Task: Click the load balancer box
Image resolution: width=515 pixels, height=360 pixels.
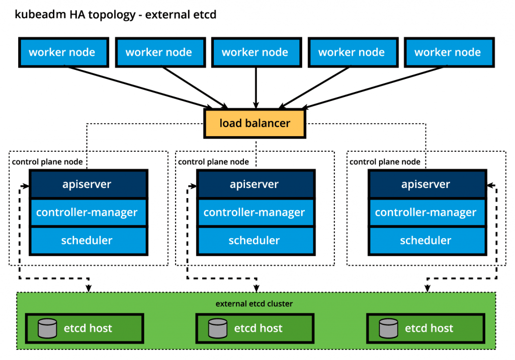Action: (x=254, y=123)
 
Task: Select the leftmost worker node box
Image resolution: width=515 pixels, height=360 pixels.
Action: (x=63, y=52)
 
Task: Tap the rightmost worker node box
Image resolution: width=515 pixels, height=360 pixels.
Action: (x=449, y=52)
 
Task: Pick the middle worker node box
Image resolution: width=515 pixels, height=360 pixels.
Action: (x=256, y=52)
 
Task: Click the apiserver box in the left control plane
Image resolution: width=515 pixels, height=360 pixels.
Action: (x=89, y=184)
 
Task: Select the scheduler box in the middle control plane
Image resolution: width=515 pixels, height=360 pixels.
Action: (x=256, y=241)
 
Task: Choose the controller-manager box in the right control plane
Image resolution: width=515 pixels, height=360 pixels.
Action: (x=427, y=213)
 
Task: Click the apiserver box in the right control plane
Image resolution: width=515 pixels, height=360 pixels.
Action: (x=427, y=184)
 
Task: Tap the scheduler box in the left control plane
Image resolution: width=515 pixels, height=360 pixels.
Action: (x=89, y=241)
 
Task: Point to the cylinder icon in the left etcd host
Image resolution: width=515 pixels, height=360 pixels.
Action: (x=47, y=328)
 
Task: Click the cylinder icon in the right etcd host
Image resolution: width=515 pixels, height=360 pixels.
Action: (x=389, y=328)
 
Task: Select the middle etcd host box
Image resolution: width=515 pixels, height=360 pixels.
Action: (x=255, y=328)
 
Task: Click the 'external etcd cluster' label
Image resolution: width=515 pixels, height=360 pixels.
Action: (x=254, y=304)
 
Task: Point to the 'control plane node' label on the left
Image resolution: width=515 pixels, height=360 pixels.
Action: (x=47, y=162)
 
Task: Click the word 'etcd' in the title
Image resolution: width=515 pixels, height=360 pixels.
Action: (x=204, y=15)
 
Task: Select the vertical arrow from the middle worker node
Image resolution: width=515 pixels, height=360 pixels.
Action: (x=256, y=87)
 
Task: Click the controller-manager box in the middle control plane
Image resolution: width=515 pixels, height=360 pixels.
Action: (x=256, y=213)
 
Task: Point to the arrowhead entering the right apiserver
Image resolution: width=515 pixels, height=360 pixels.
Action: (x=490, y=186)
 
